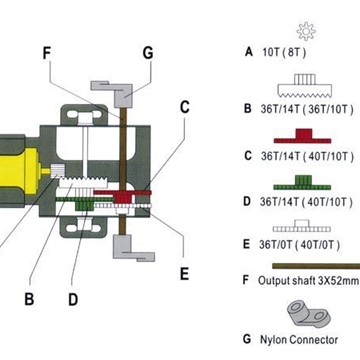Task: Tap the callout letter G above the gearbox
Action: [x=147, y=53]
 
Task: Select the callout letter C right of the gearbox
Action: [x=184, y=107]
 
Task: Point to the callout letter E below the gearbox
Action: [x=184, y=274]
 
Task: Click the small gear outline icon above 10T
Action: [x=306, y=31]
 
